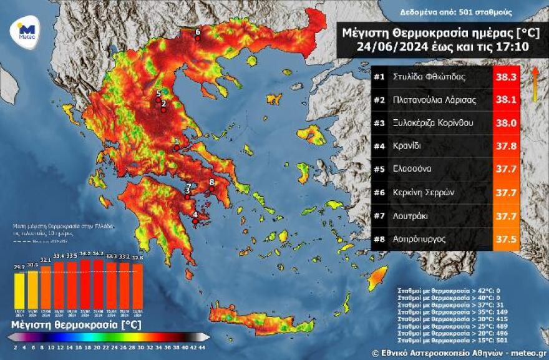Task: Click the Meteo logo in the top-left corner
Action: (x=26, y=31)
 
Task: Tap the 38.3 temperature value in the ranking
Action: (x=506, y=77)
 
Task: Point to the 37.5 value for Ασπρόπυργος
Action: (x=506, y=238)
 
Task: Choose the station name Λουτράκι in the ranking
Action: (x=412, y=215)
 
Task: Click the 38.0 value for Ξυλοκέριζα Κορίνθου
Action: (x=506, y=123)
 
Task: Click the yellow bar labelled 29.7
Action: (x=19, y=291)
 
